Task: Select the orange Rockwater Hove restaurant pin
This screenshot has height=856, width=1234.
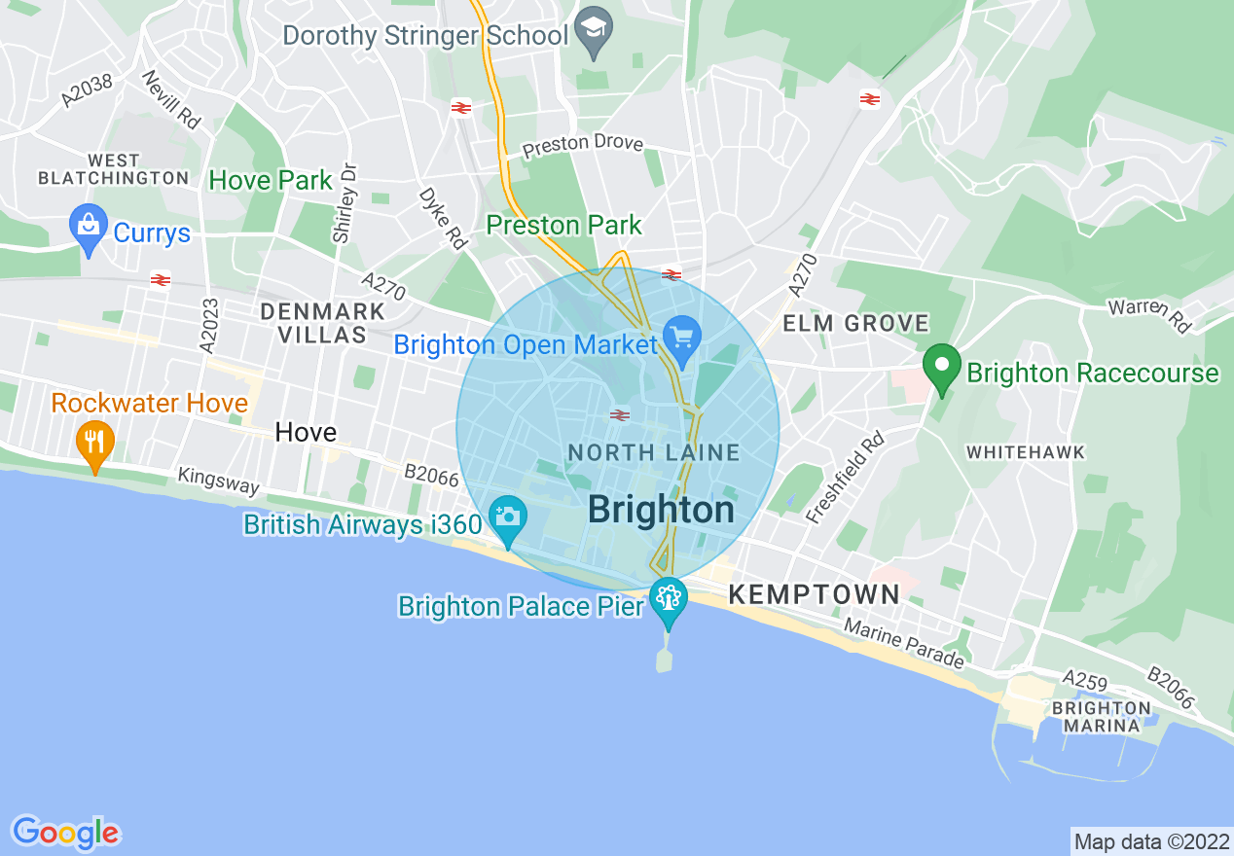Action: pyautogui.click(x=94, y=444)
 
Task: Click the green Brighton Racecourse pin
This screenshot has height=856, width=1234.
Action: pyautogui.click(x=941, y=368)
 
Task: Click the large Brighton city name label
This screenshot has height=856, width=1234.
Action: pyautogui.click(x=661, y=510)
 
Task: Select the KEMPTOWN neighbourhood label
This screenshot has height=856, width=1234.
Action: pyautogui.click(x=815, y=594)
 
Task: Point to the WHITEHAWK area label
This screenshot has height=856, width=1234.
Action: pyautogui.click(x=1025, y=452)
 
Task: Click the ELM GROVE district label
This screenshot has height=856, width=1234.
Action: pyautogui.click(x=856, y=323)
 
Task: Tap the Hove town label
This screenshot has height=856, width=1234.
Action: pyautogui.click(x=306, y=432)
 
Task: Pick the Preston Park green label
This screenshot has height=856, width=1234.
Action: pyautogui.click(x=564, y=226)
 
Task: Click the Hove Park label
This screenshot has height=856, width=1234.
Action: pyautogui.click(x=271, y=180)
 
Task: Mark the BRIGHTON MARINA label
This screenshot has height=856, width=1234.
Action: pyautogui.click(x=1102, y=717)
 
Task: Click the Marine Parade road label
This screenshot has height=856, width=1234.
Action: pyautogui.click(x=904, y=644)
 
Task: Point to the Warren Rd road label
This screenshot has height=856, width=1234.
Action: pyautogui.click(x=1149, y=315)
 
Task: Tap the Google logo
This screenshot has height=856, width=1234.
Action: pyautogui.click(x=66, y=832)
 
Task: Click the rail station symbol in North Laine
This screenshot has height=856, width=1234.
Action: pyautogui.click(x=619, y=415)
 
